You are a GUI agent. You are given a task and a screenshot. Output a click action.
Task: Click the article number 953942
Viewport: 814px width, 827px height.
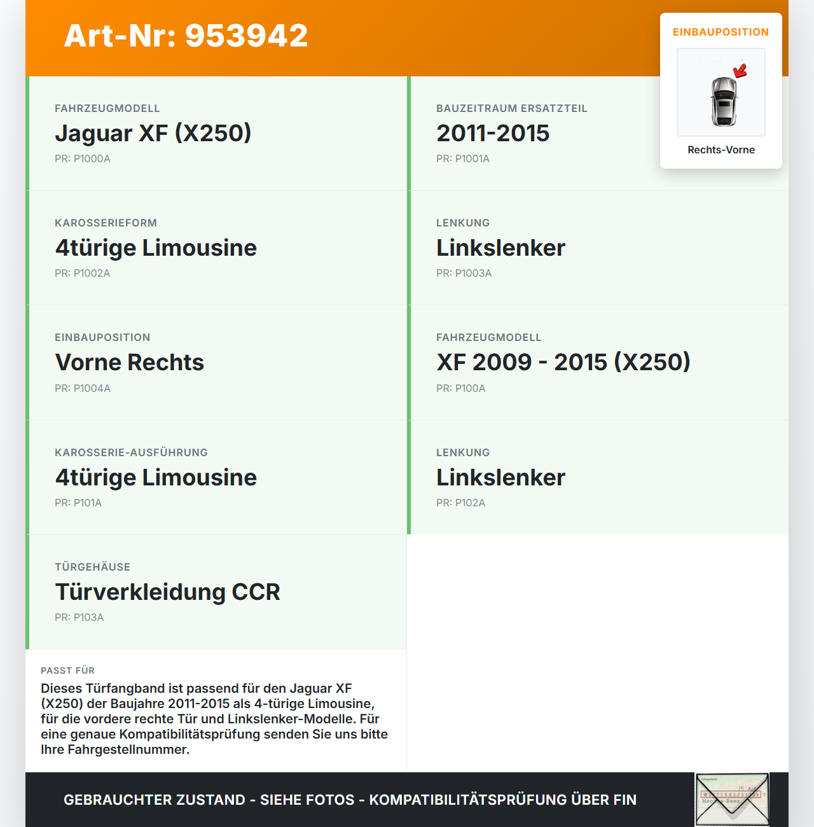(247, 36)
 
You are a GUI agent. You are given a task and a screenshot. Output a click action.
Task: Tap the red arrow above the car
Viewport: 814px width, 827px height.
(740, 71)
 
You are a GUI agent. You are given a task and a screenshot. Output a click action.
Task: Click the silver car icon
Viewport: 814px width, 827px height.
(723, 101)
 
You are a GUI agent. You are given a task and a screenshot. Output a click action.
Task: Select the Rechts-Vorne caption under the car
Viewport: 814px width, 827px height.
(721, 150)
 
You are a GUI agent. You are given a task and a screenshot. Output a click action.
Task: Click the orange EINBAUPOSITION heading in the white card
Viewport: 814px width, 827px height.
(721, 32)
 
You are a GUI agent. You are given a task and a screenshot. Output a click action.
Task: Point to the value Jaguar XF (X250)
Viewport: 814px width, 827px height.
(153, 133)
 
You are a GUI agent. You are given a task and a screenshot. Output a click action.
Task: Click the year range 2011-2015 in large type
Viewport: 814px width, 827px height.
(493, 133)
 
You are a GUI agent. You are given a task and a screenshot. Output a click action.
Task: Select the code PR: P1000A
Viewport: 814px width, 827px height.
(83, 159)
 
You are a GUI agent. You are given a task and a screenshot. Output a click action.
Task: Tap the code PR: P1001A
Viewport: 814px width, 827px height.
(463, 159)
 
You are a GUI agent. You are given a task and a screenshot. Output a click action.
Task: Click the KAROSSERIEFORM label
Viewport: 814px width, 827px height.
(106, 223)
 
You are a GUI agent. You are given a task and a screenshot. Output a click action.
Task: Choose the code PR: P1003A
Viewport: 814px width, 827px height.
(464, 274)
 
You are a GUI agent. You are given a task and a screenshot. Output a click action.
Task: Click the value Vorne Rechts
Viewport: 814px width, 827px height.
(130, 363)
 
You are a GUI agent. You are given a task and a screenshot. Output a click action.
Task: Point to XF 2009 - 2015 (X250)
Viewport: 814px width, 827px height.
(563, 363)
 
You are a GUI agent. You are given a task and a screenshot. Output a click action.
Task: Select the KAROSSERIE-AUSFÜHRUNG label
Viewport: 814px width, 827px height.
(131, 453)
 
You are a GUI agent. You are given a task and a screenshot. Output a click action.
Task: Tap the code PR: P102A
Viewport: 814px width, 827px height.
(461, 503)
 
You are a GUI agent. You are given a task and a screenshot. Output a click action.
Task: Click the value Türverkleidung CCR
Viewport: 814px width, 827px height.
(168, 592)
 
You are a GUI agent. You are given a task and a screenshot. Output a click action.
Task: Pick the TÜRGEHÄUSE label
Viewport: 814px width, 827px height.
(92, 567)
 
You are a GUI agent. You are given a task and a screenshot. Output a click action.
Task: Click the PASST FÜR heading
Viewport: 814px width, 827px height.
(67, 671)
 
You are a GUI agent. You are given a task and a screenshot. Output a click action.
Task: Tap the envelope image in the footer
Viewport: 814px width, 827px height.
(732, 800)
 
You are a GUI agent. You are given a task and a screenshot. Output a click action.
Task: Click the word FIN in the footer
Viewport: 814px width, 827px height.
(624, 800)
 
